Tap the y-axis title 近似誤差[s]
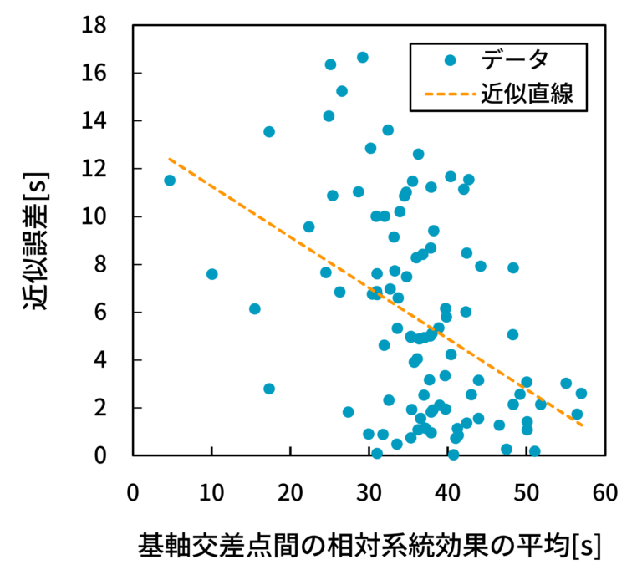(39, 241)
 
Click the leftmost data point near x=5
(170, 181)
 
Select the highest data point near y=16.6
(363, 58)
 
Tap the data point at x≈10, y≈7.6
(211, 274)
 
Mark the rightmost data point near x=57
(581, 393)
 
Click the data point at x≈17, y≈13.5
(269, 132)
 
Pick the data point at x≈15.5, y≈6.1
(255, 309)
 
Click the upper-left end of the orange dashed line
(170, 159)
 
